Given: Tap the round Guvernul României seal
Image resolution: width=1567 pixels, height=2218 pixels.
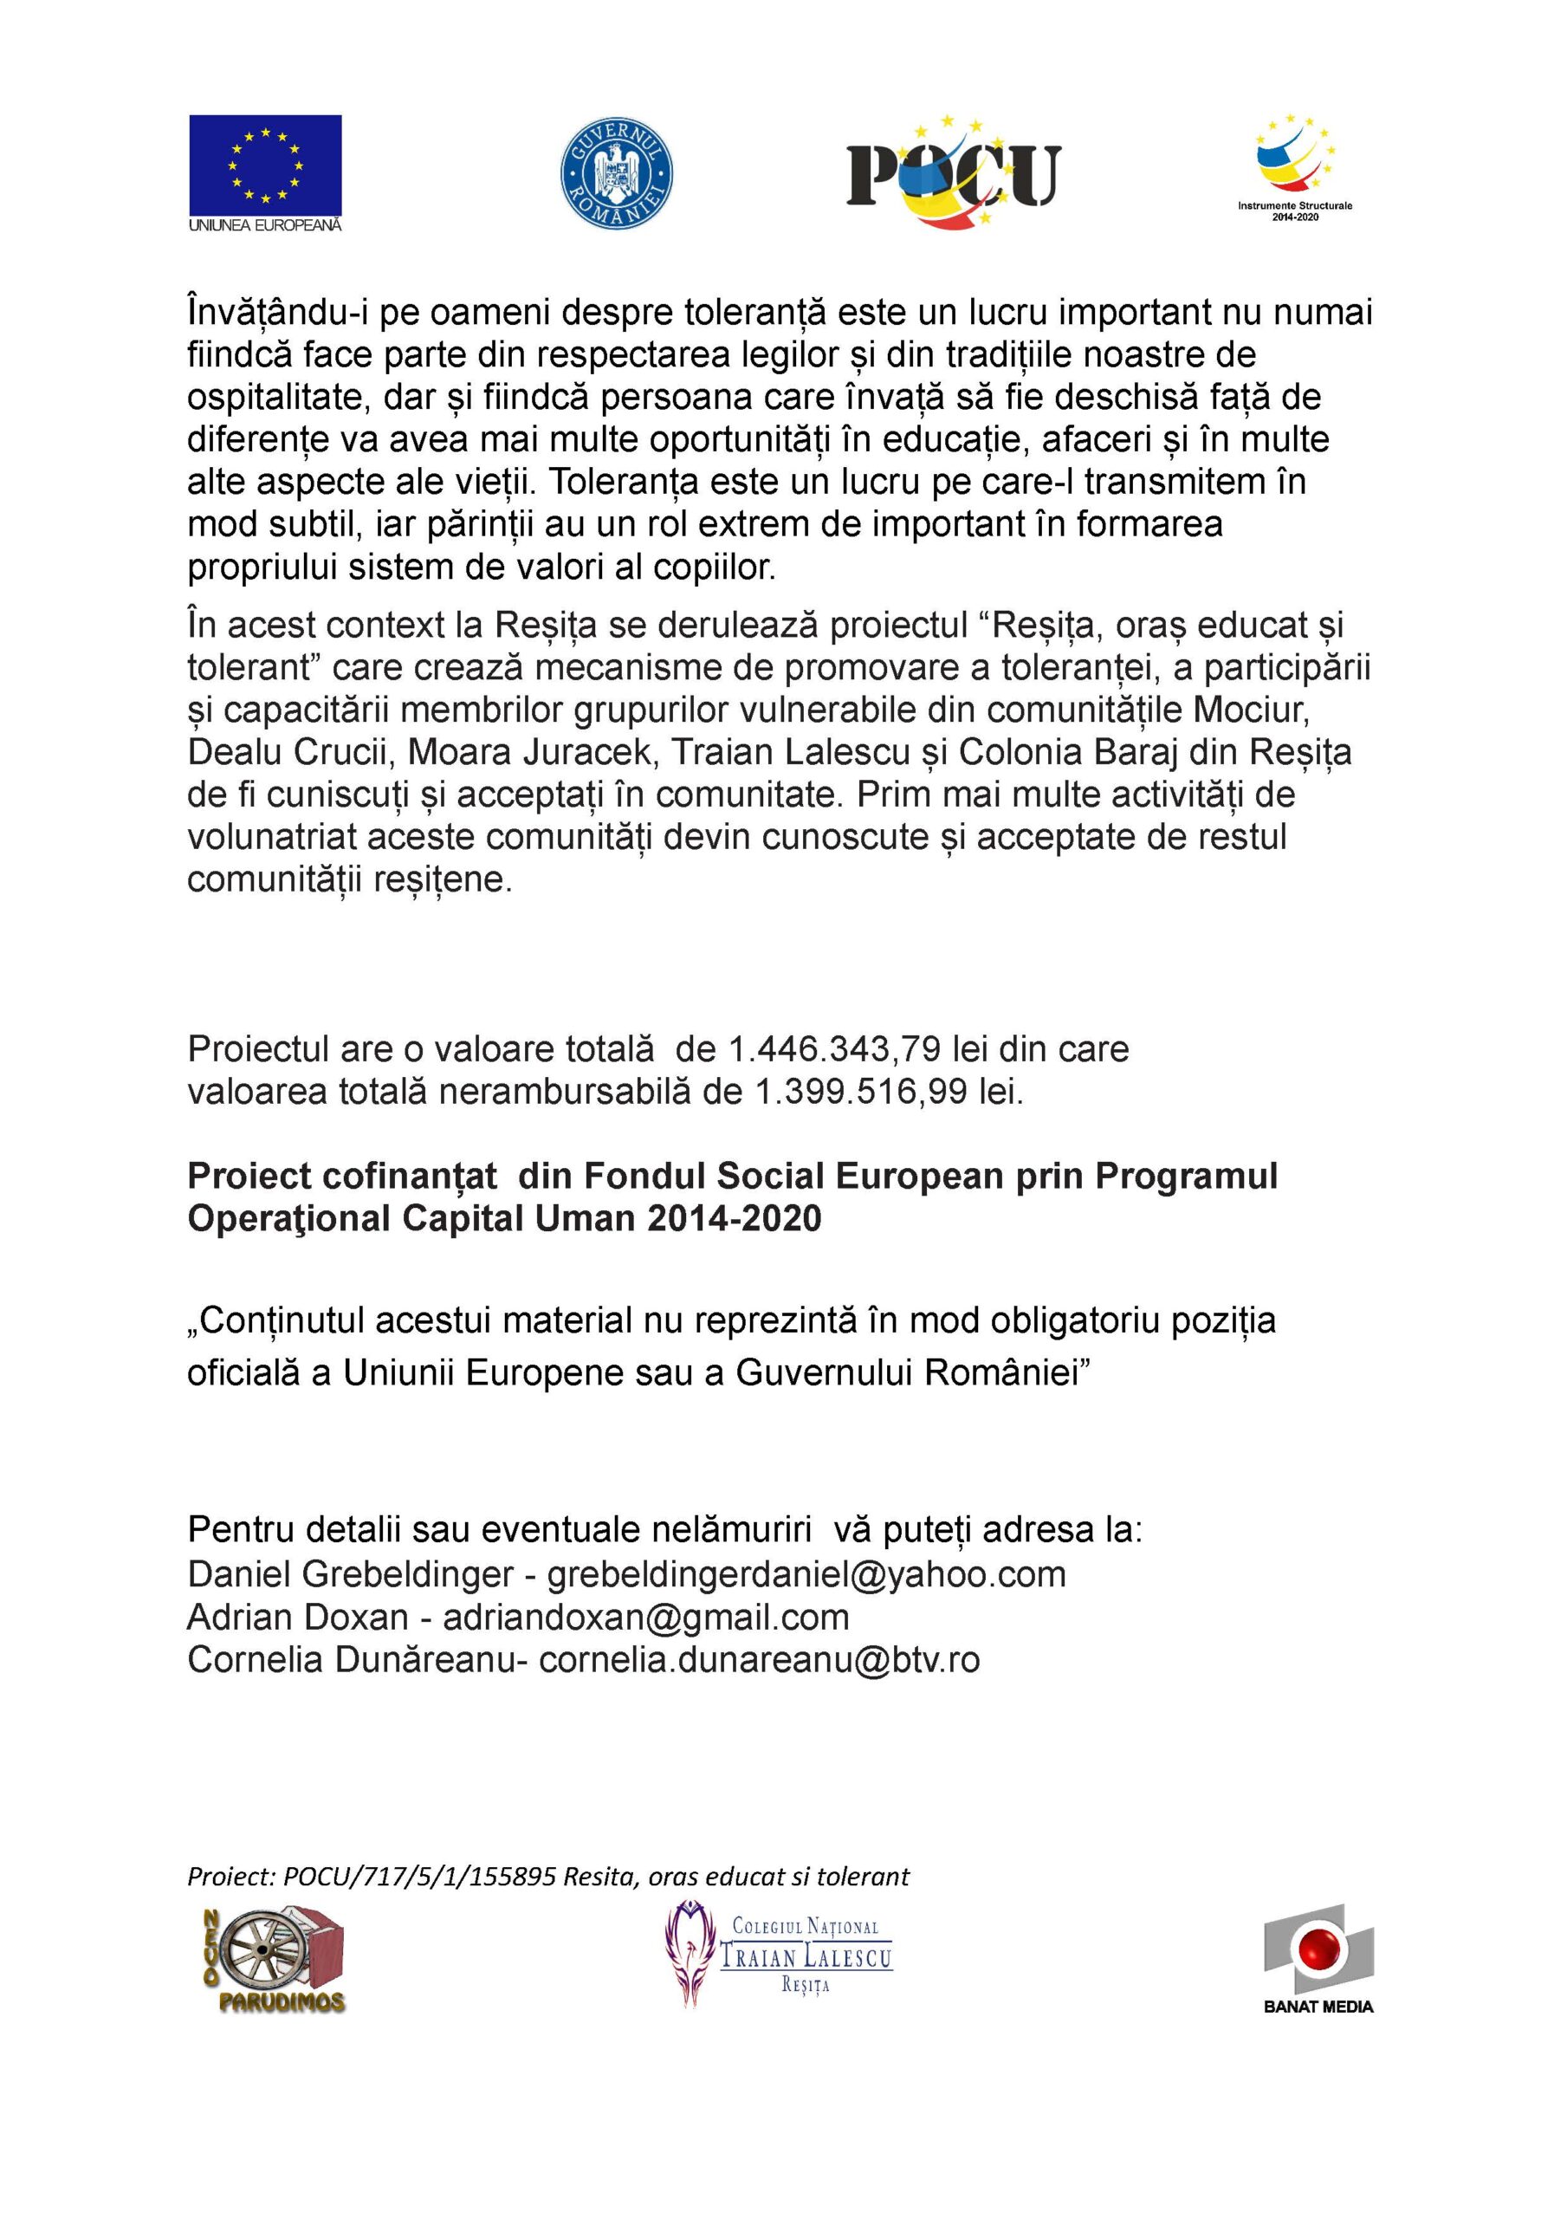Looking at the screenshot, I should [x=618, y=175].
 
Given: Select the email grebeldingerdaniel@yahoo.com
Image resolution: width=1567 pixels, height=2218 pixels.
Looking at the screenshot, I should [x=806, y=1573].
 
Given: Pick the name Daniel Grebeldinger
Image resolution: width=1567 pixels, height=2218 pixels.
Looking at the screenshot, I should [x=350, y=1573].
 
